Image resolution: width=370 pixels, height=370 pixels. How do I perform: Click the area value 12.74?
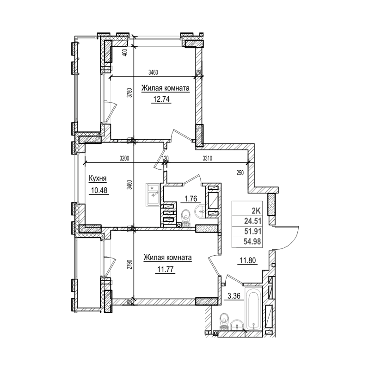(x=162, y=98)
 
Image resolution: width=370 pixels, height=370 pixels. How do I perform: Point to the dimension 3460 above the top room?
(x=154, y=72)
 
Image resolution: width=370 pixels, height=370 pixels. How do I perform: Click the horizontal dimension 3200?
(x=123, y=158)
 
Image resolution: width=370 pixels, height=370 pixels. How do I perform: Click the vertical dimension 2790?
(x=130, y=267)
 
